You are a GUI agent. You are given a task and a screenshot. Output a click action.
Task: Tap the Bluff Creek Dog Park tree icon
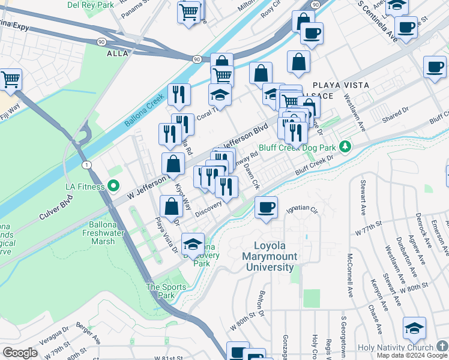[345, 146]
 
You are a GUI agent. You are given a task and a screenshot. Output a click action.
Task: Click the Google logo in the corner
[20, 353]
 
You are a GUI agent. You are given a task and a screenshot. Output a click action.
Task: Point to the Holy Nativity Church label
[394, 348]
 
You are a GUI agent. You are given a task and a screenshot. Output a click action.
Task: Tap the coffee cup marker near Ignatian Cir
[266, 208]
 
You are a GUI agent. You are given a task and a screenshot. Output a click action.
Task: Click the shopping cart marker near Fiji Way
[10, 80]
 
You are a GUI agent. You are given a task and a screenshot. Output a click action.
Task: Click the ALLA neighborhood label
[118, 53]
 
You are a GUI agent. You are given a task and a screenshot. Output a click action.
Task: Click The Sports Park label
[161, 291]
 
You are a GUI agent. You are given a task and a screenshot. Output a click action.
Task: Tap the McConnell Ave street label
[349, 276]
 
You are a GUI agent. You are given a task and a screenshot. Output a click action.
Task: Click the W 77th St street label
[372, 231]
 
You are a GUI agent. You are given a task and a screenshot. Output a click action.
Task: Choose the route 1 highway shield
[88, 164]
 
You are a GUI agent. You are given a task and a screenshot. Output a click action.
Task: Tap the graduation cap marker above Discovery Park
[193, 244]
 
